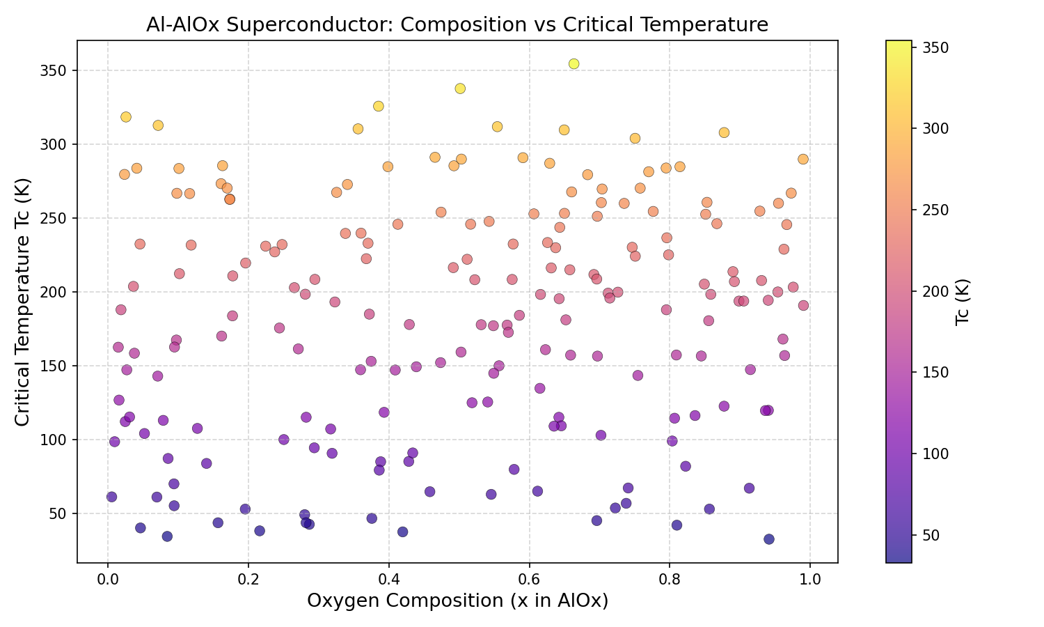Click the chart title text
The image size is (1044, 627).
pyautogui.click(x=457, y=25)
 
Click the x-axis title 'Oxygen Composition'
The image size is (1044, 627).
pyautogui.click(x=457, y=601)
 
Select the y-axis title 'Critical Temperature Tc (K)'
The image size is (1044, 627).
pyautogui.click(x=22, y=302)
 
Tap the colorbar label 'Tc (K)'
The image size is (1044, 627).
pyautogui.click(x=963, y=302)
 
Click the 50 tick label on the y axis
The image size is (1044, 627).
pyautogui.click(x=60, y=513)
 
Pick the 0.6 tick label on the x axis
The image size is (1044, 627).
pyautogui.click(x=529, y=579)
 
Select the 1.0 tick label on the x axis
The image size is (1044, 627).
pyautogui.click(x=810, y=579)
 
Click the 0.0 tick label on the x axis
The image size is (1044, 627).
pyautogui.click(x=107, y=579)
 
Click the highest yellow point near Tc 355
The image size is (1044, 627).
pyautogui.click(x=574, y=63)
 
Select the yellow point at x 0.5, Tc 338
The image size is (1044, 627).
pyautogui.click(x=460, y=88)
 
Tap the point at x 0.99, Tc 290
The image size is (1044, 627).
pyautogui.click(x=803, y=159)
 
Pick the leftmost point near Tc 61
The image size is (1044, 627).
pyautogui.click(x=111, y=497)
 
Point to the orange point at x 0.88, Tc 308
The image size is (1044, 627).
pyautogui.click(x=724, y=132)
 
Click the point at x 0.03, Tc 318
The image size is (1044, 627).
pyautogui.click(x=126, y=117)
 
